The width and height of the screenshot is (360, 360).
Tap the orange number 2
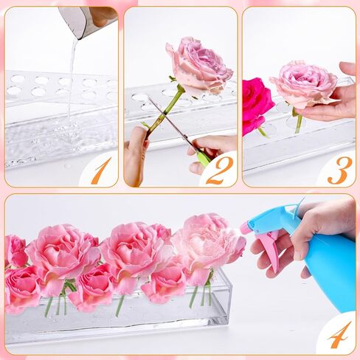(219, 170)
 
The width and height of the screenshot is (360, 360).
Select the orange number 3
(340, 170)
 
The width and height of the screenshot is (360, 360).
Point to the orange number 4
(340, 335)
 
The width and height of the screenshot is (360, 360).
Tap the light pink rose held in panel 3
(304, 85)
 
